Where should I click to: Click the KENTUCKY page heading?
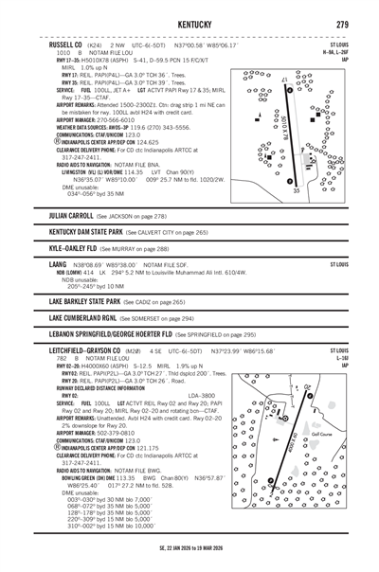189,23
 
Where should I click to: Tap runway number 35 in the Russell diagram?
296,190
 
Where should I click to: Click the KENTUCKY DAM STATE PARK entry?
99,232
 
